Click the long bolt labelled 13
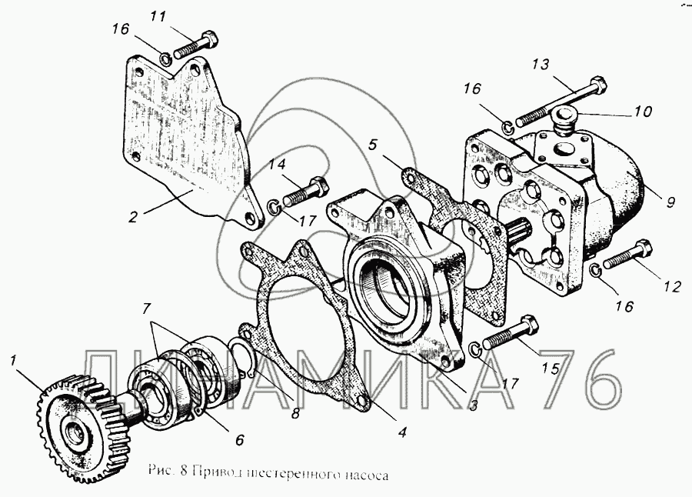pos(561,101)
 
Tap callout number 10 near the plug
pos(643,112)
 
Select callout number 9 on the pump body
pos(670,203)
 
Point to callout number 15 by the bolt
pos(551,369)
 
